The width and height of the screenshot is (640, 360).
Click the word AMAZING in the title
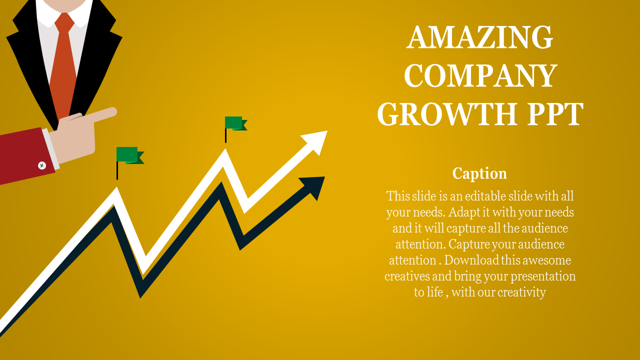(480, 37)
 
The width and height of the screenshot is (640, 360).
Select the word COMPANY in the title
(480, 76)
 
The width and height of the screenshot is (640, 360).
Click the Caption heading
(479, 173)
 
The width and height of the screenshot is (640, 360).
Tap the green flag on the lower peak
(128, 155)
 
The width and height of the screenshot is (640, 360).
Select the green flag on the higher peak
(234, 123)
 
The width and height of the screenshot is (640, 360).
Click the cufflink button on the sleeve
(42, 165)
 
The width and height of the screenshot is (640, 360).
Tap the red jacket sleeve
(22, 157)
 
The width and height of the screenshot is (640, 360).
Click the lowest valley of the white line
(144, 267)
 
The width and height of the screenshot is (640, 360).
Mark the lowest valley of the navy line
(141, 292)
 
